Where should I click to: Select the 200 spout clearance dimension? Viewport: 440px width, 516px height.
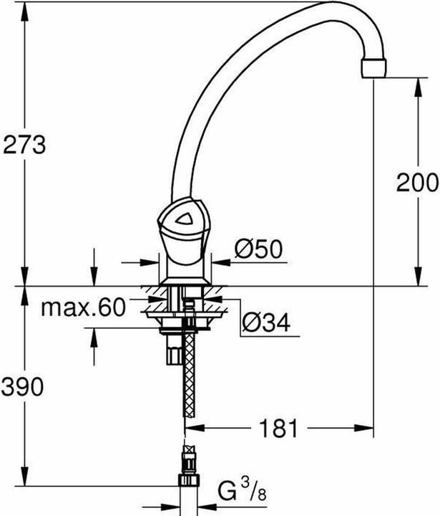point(417,183)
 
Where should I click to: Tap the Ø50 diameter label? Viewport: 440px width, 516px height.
point(260,249)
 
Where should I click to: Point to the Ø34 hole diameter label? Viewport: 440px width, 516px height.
point(264,324)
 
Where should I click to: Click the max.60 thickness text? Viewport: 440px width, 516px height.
point(82,307)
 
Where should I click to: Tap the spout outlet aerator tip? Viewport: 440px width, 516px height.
point(376,68)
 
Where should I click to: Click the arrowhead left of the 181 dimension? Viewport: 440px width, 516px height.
point(192,429)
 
